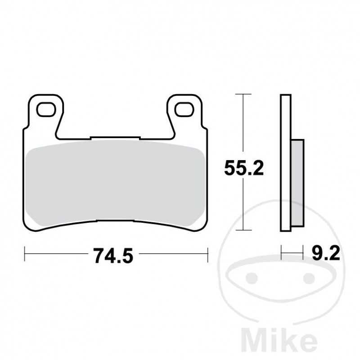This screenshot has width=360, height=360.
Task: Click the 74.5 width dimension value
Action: click(114, 256)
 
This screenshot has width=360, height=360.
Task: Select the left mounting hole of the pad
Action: click(45, 109)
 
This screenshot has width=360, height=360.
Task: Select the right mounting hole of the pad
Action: click(184, 109)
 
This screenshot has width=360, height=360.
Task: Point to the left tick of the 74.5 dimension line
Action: click(24, 254)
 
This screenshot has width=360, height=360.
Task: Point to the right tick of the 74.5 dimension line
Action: click(207, 254)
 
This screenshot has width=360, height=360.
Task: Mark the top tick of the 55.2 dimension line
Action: click(243, 94)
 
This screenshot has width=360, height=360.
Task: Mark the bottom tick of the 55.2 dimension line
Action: click(243, 231)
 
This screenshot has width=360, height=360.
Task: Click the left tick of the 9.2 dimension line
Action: click(281, 253)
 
